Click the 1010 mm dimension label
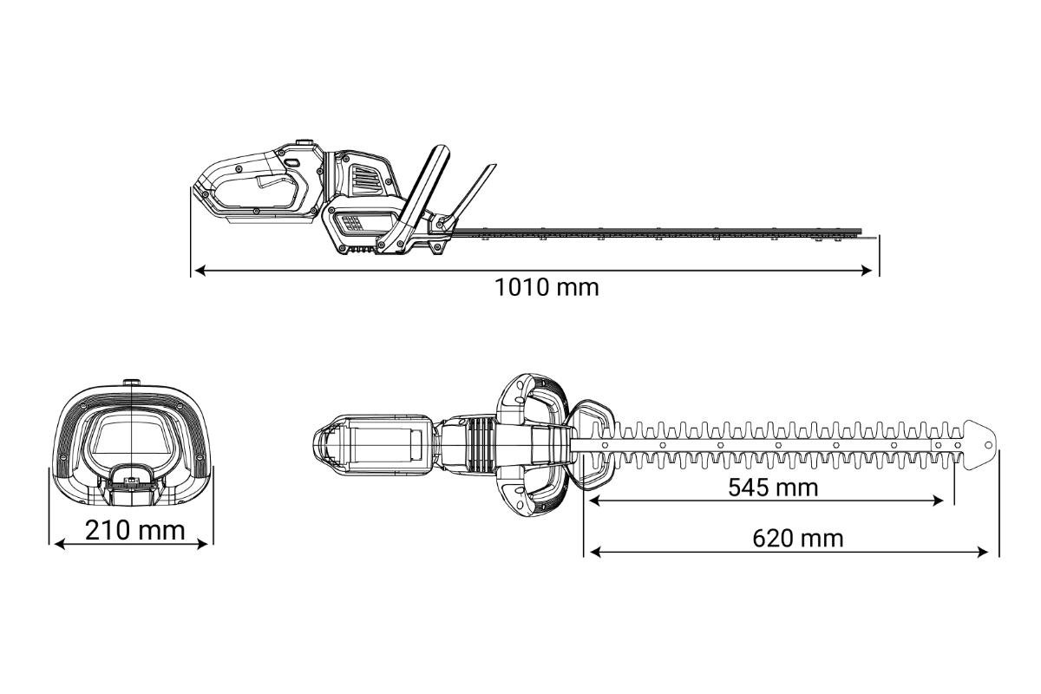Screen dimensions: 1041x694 coord(547,287)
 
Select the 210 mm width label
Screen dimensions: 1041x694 coord(134,530)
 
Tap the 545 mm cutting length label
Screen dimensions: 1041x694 coord(773,488)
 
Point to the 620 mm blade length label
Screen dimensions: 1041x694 coord(798,538)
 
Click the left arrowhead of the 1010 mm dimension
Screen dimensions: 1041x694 coord(200,271)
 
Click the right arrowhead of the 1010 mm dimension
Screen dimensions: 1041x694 coord(867,271)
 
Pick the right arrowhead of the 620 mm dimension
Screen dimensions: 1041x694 coord(983,553)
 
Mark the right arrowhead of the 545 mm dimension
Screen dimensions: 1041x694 coord(938,501)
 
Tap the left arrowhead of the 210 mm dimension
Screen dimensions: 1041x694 coord(61,544)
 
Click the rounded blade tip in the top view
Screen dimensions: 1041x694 coord(980,445)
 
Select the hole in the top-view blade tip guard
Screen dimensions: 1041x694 coord(988,445)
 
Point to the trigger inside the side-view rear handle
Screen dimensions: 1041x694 coord(275,181)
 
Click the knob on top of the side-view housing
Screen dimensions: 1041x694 coord(304,141)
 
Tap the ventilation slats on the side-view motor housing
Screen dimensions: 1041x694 coord(365,181)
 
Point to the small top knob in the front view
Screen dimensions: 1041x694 coord(132,382)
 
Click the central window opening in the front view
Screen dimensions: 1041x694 coord(132,435)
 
